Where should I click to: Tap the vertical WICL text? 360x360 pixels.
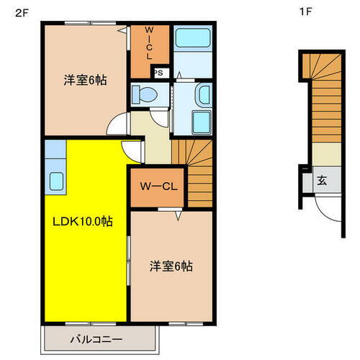(150, 43)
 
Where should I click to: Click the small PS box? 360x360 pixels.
(159, 72)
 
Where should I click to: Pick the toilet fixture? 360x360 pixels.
(146, 94)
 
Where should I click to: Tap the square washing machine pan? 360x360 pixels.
(202, 122)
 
